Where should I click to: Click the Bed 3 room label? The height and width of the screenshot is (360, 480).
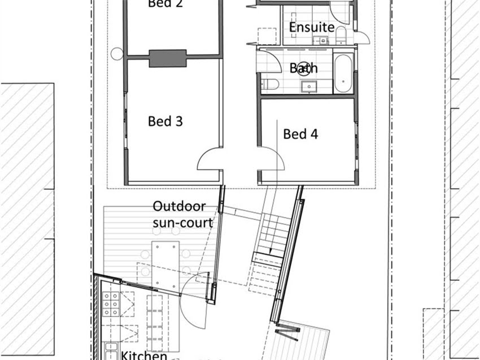(165, 121)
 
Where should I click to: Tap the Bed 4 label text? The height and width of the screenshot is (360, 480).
(300, 134)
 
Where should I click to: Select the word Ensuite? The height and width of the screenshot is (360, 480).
(312, 27)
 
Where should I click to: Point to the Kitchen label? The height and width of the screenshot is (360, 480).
(144, 355)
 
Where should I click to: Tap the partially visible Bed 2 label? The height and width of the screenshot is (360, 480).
(165, 4)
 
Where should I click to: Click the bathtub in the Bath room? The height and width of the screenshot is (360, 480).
(343, 74)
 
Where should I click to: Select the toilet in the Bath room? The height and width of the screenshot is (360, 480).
(270, 85)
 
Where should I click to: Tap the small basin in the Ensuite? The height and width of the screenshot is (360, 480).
(323, 40)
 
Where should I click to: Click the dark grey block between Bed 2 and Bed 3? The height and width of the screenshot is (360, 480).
(167, 58)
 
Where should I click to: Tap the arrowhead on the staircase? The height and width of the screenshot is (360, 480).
(270, 253)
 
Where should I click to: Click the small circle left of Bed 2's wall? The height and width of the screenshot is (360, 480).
(117, 54)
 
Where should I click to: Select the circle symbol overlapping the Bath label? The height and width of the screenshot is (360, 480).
(304, 67)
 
